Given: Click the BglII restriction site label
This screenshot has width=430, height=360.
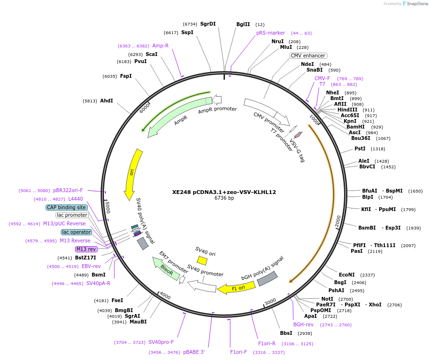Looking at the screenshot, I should pyautogui.click(x=243, y=24).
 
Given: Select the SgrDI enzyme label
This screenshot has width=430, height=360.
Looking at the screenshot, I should pyautogui.click(x=208, y=24).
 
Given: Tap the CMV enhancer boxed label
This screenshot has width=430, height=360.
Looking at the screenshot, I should pyautogui.click(x=308, y=55).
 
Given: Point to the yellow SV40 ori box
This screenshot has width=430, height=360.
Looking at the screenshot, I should pyautogui.click(x=202, y=260).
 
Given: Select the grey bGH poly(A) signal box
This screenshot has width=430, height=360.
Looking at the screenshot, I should pyautogui.click(x=267, y=278).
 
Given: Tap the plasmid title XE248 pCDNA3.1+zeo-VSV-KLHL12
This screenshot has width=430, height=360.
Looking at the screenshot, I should pyautogui.click(x=224, y=192).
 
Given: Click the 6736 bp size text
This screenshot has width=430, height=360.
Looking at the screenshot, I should pyautogui.click(x=224, y=198).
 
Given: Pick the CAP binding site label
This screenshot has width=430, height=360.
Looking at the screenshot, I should pyautogui.click(x=66, y=207).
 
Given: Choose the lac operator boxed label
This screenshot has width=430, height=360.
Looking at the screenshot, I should pyautogui.click(x=76, y=232).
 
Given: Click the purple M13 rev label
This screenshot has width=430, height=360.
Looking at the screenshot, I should pyautogui.click(x=86, y=249).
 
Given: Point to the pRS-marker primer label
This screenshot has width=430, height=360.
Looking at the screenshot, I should pyautogui.click(x=271, y=33).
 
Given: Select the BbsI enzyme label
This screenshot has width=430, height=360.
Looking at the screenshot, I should pyautogui.click(x=286, y=333).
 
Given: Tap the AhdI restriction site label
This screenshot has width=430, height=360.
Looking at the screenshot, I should pyautogui.click(x=106, y=101).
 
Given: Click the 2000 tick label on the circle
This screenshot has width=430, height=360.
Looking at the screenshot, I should pyautogui.click(x=338, y=221).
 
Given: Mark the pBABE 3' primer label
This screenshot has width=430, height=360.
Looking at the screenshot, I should pyautogui.click(x=194, y=352).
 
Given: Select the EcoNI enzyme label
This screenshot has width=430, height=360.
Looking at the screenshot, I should pyautogui.click(x=346, y=275).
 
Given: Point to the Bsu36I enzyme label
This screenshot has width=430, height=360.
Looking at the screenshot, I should pyautogui.click(x=361, y=138).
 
